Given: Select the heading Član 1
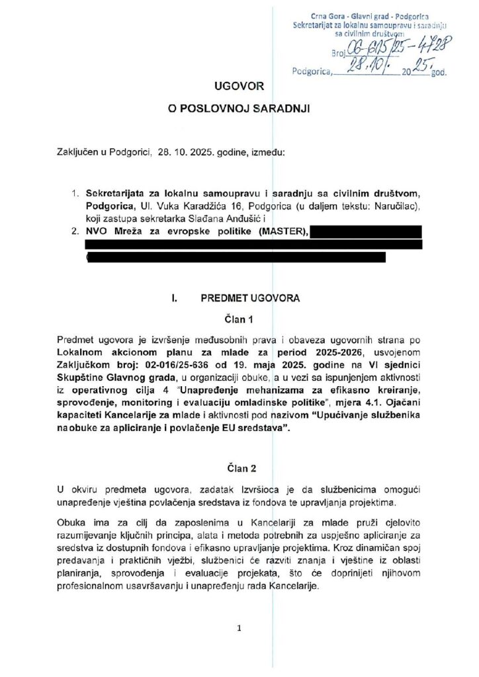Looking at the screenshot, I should pos(239,320).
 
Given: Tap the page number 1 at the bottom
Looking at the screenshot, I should pos(239,629).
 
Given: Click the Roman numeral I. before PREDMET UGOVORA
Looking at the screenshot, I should pos(175,298).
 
